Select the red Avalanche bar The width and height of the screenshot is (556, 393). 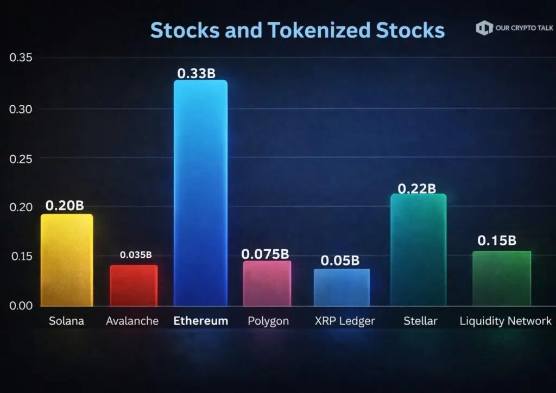[x=134, y=286]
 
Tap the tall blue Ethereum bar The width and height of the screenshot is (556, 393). [x=200, y=193]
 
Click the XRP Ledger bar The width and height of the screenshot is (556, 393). [x=342, y=287]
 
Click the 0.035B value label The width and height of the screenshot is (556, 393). [x=136, y=255]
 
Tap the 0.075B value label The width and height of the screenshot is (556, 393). [x=265, y=253]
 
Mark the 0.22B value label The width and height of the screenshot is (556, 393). [x=417, y=188]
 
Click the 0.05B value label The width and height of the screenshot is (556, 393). [x=340, y=261]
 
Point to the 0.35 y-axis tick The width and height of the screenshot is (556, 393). [x=21, y=58]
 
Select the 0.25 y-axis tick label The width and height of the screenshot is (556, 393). [x=21, y=158]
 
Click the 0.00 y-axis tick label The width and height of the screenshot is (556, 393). [x=21, y=306]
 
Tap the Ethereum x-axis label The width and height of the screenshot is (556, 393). [x=200, y=321]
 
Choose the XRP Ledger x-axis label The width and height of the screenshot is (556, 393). [x=344, y=321]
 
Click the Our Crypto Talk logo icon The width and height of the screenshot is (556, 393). [x=484, y=28]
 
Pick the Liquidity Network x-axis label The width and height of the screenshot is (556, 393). [x=505, y=321]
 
